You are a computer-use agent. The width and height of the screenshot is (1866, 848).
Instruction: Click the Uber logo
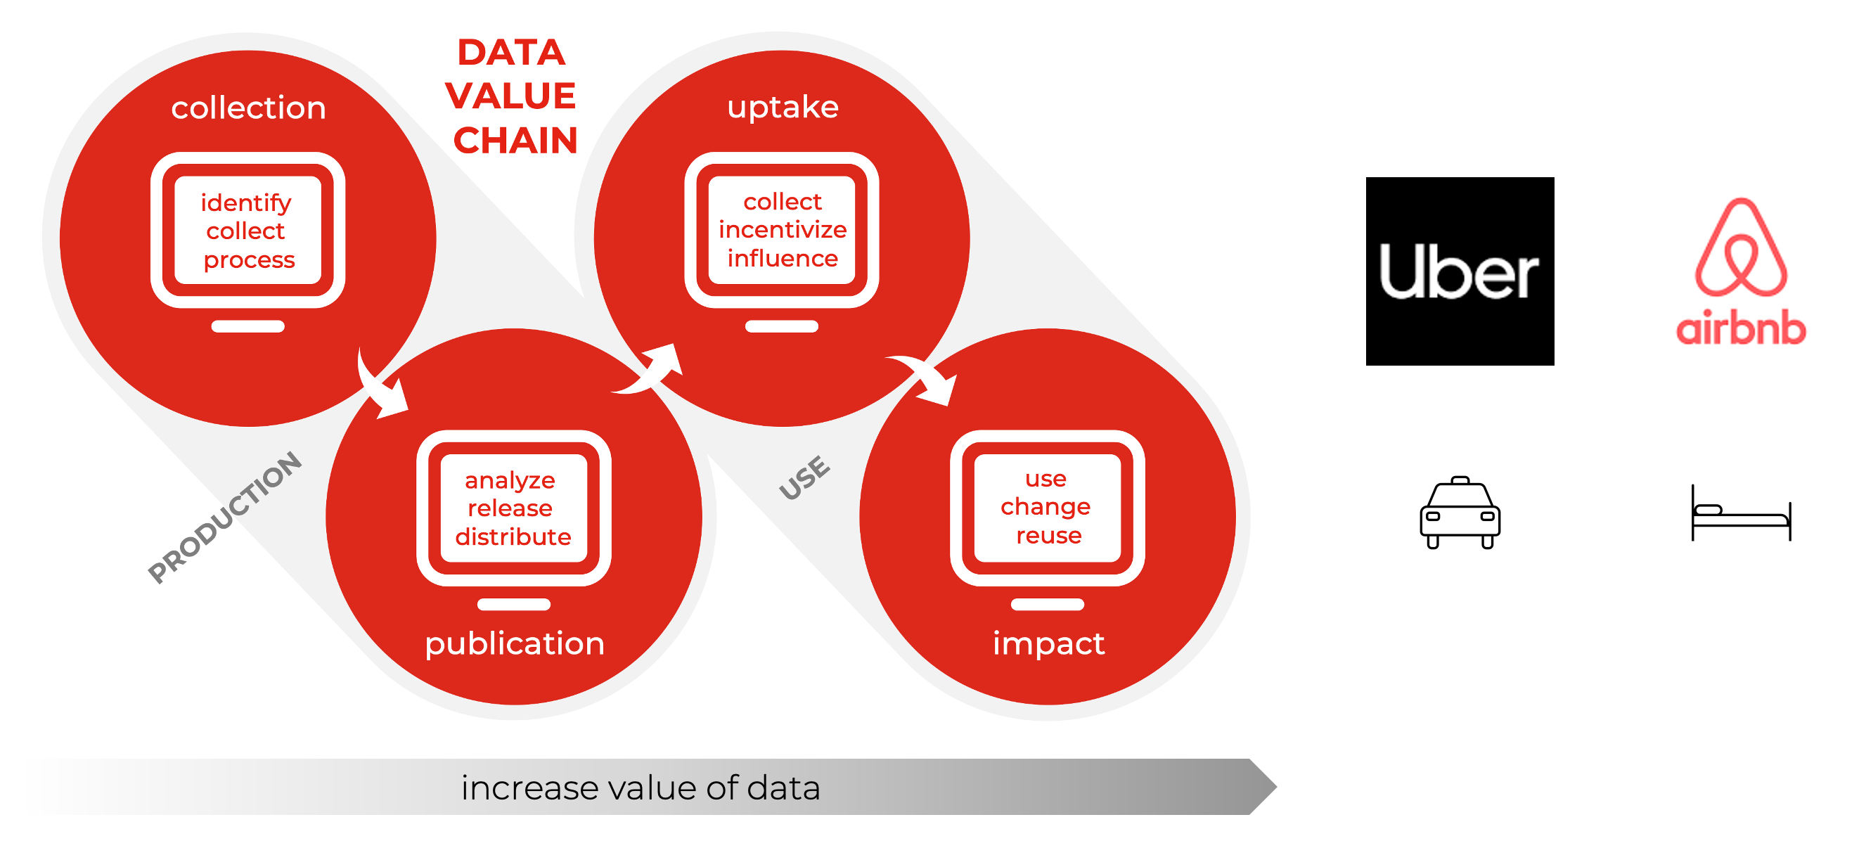click(x=1459, y=271)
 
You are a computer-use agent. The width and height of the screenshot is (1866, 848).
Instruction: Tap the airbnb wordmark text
click(x=1740, y=328)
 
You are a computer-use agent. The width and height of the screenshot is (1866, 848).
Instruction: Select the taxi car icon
click(x=1459, y=512)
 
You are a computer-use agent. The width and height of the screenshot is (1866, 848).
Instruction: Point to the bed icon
click(x=1740, y=513)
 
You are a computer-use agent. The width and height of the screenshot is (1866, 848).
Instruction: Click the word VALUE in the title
click(x=510, y=96)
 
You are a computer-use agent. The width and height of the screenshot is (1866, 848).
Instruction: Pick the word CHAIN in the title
click(x=515, y=141)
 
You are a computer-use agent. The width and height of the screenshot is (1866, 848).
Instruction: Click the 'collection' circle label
click(x=248, y=108)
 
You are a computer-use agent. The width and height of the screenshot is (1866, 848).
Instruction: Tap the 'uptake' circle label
click(x=783, y=107)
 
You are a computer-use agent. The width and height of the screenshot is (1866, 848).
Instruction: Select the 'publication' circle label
click(x=514, y=643)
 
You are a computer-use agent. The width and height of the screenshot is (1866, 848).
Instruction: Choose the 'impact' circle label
click(x=1048, y=643)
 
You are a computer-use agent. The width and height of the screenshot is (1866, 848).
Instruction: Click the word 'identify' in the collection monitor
click(x=245, y=203)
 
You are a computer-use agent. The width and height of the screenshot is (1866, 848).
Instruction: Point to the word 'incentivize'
click(x=783, y=229)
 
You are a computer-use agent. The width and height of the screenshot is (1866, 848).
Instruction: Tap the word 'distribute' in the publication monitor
click(x=513, y=537)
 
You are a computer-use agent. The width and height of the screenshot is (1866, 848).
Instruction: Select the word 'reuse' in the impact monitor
click(x=1048, y=535)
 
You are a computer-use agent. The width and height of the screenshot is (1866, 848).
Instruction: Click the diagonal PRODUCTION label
click(x=224, y=516)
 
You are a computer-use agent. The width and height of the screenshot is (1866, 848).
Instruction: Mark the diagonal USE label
click(x=804, y=478)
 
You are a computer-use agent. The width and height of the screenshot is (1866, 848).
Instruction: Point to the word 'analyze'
click(x=510, y=480)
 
